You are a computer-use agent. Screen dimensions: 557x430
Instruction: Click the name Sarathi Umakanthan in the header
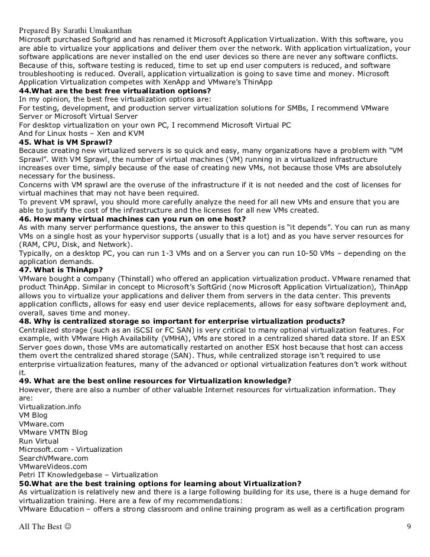[x=99, y=30]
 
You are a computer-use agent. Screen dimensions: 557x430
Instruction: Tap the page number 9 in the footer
[x=409, y=527]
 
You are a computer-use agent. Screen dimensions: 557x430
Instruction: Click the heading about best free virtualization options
[x=115, y=90]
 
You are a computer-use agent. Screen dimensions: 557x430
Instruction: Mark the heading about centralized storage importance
[x=182, y=321]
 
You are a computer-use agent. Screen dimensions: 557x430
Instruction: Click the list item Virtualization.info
[x=50, y=406]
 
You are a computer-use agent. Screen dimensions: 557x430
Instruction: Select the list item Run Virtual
[x=38, y=441]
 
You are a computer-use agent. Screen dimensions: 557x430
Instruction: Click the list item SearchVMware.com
[x=53, y=458]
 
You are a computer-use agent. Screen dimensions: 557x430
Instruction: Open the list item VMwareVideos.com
[x=53, y=466]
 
